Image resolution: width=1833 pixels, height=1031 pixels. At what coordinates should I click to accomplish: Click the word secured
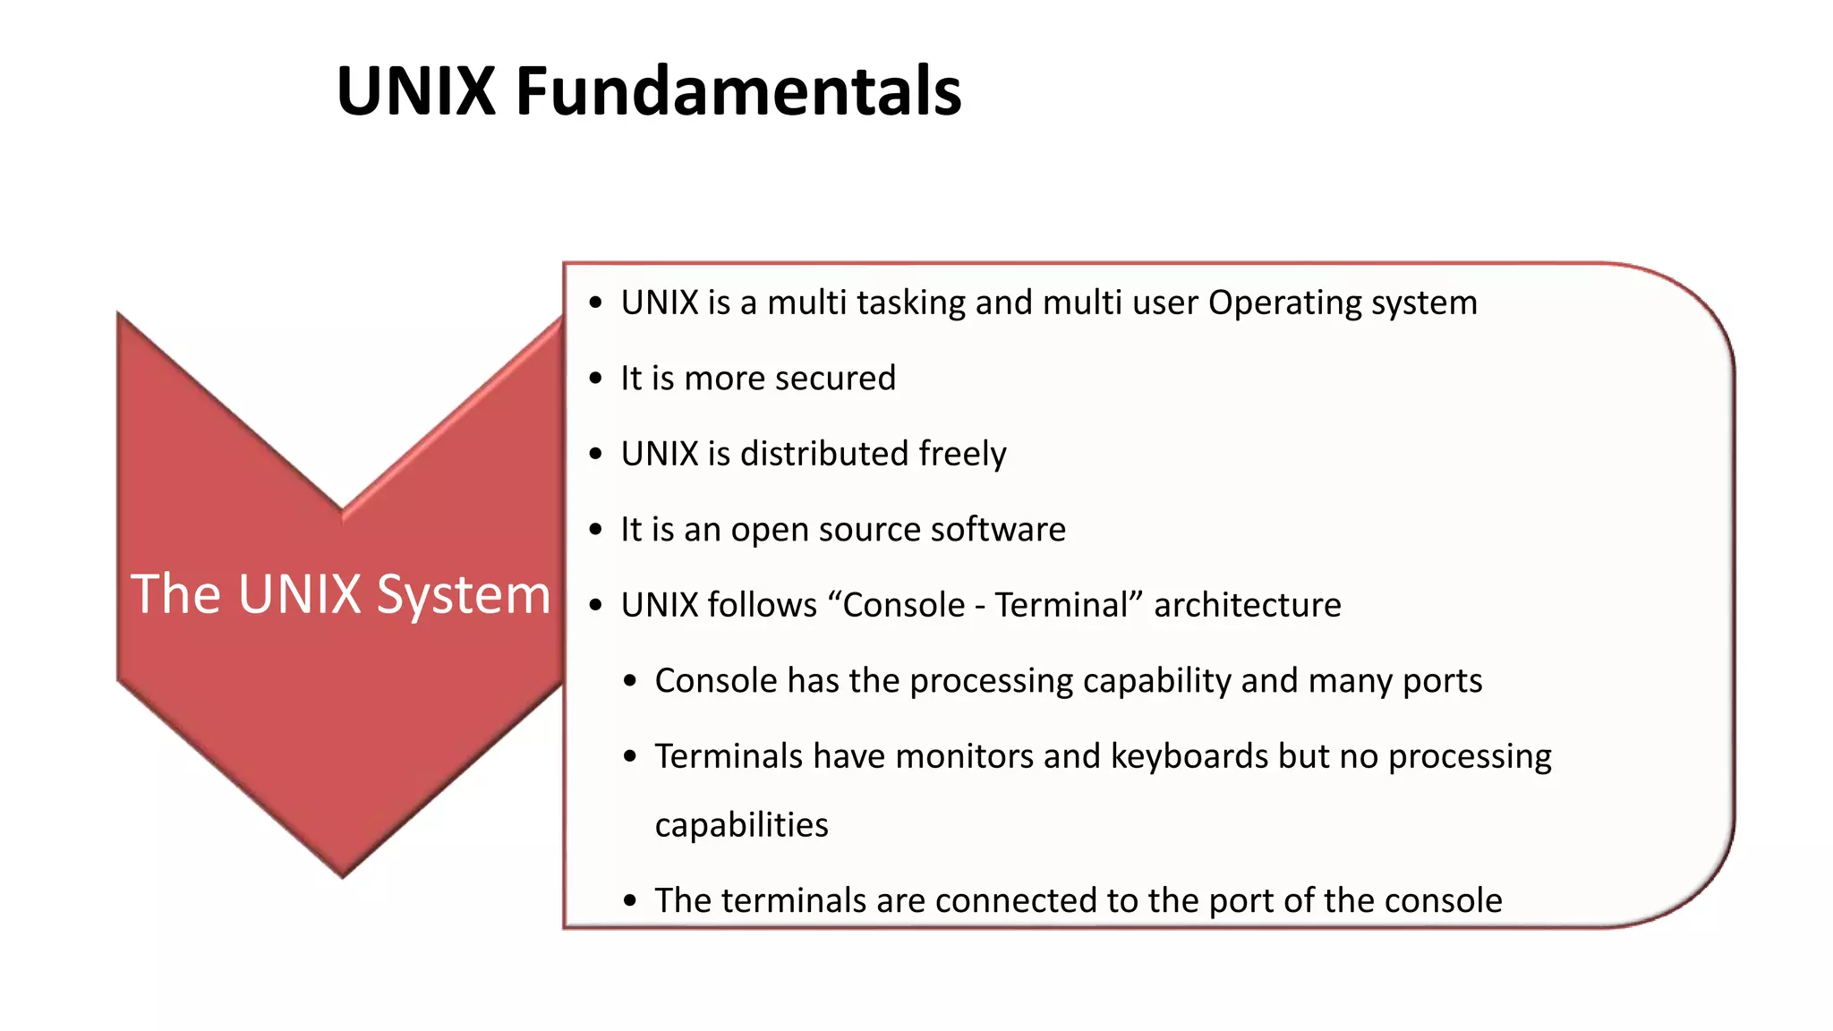[x=834, y=379]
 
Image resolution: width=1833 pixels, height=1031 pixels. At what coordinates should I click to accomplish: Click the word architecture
[x=1247, y=606]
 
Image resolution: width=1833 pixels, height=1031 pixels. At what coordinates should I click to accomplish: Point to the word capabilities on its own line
[x=741, y=825]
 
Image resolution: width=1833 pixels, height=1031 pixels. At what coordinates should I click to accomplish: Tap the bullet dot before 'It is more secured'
[x=596, y=379]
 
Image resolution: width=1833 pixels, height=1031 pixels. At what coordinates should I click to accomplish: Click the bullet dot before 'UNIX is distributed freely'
[x=596, y=455]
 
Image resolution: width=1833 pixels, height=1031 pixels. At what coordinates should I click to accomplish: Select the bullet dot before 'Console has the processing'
[x=630, y=682]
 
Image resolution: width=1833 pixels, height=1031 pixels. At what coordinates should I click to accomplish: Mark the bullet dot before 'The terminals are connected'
[x=630, y=901]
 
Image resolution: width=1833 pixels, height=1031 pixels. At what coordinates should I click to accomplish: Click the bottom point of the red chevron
[x=342, y=873]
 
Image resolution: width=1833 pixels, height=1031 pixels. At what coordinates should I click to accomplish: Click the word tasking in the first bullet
[x=910, y=303]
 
